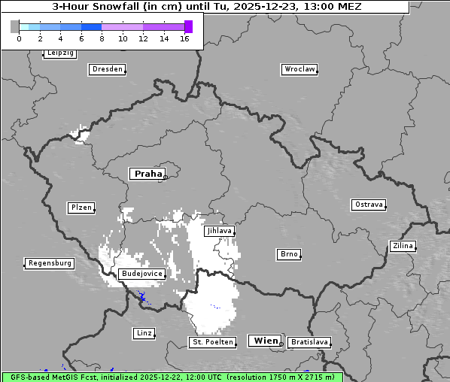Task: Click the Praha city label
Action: coord(147,174)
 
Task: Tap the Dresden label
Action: coord(107,69)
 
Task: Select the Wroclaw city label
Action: coord(299,69)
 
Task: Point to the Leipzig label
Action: coord(60,53)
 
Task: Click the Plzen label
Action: coord(81,208)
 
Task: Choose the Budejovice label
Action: coord(141,274)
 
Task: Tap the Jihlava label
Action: coord(218,231)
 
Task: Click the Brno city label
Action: coord(289,254)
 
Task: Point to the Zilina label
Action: coord(403,246)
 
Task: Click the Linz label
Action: coord(144,333)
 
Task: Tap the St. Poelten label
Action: coord(212,342)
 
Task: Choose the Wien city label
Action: coord(266,341)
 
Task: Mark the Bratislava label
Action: coord(309,342)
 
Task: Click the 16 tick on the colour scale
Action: coord(185,38)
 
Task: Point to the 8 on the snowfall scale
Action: coord(102,38)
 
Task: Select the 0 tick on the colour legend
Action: coord(19,38)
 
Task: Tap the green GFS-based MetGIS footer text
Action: coord(172,377)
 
